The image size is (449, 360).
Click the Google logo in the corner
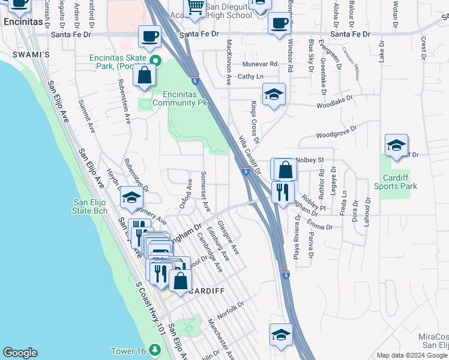coord(20,353)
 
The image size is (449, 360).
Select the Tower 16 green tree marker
coord(155,349)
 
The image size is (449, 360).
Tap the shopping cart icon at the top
coord(196,7)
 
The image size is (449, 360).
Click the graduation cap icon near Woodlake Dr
coord(274,94)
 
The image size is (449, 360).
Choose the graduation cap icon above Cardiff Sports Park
coord(396,145)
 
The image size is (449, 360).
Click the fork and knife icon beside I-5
coord(281,191)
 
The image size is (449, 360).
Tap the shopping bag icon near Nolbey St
coord(286,170)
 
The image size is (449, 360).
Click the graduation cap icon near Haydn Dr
coord(131,197)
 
